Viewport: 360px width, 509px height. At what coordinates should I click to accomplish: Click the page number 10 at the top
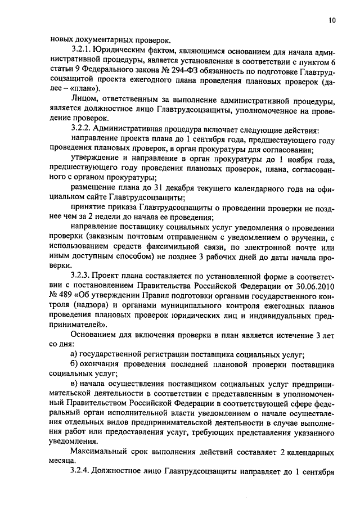332,21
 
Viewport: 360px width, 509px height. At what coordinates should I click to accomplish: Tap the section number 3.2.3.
82,276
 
